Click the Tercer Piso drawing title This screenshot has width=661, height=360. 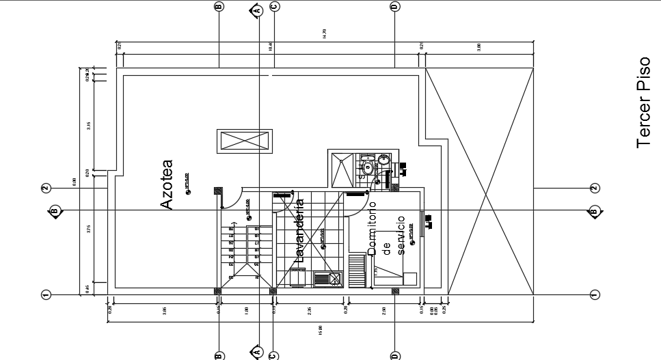(642, 102)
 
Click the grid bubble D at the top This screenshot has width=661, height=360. (394, 6)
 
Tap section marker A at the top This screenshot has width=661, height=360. (258, 10)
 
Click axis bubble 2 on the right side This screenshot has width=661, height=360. (594, 188)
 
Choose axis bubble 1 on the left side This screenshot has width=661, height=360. (46, 294)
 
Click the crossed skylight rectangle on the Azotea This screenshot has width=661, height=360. (246, 142)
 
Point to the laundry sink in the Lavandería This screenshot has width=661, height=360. (334, 279)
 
